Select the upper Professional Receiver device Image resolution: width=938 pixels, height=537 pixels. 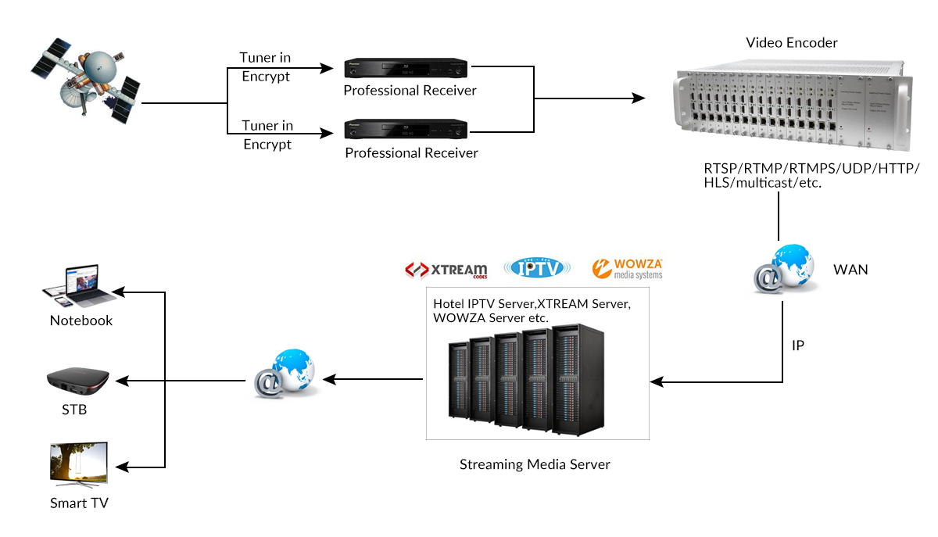click(x=407, y=68)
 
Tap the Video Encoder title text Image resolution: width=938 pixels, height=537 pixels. click(x=792, y=42)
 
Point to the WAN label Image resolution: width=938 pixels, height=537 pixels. click(x=850, y=270)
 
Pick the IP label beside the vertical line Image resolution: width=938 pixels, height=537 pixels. click(x=798, y=345)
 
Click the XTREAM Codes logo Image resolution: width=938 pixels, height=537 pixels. click(x=446, y=270)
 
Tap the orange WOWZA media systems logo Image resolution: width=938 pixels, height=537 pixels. click(x=628, y=269)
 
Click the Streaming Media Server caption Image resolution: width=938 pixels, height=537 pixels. click(x=535, y=464)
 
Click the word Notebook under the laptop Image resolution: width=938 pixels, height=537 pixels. click(x=81, y=320)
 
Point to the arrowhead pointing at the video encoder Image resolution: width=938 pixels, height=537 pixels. click(x=639, y=98)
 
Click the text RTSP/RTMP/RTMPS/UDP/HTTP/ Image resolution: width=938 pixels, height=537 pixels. click(x=811, y=170)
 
